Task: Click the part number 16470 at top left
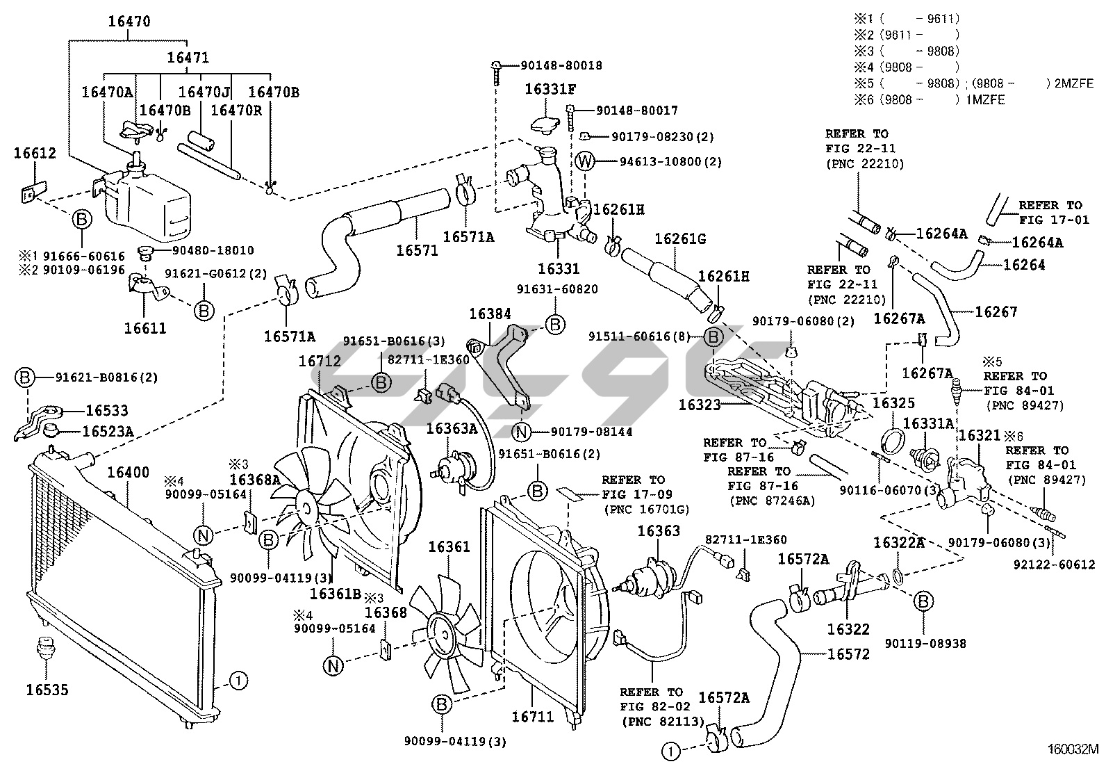coord(129,22)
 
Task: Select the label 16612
coord(35,154)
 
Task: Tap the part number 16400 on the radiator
coord(128,473)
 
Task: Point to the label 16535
coord(47,690)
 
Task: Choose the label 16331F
coord(551,89)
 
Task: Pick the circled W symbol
coord(586,162)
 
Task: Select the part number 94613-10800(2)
coord(670,162)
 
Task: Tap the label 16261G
coord(680,239)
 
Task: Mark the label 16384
coord(490,314)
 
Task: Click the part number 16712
coord(320,361)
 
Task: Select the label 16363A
coord(452,428)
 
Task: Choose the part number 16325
coord(893,403)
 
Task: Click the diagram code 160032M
coord(1073,750)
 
